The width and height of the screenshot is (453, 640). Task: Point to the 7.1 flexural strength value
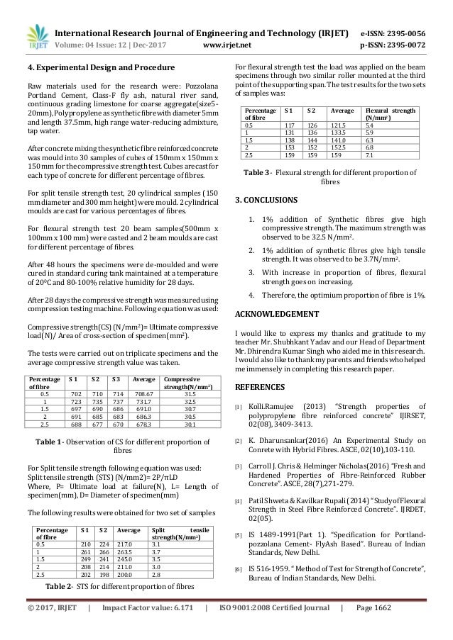point(370,156)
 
